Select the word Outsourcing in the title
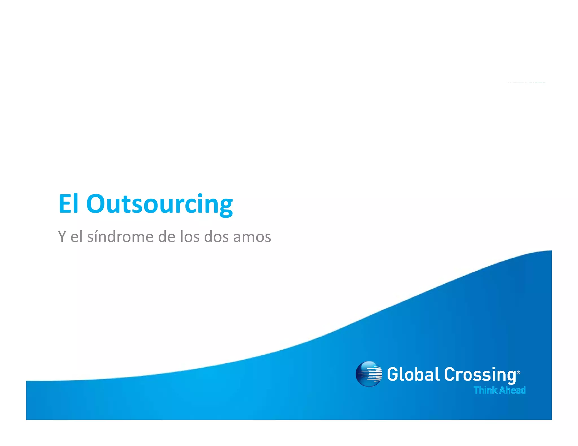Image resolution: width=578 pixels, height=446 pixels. (159, 204)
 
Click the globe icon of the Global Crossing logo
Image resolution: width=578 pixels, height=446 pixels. (369, 374)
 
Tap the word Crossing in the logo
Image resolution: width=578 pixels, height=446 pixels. (480, 375)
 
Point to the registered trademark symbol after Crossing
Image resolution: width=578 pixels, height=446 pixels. (518, 372)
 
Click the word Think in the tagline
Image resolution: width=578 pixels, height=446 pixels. (485, 390)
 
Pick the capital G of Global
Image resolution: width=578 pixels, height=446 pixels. (393, 374)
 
